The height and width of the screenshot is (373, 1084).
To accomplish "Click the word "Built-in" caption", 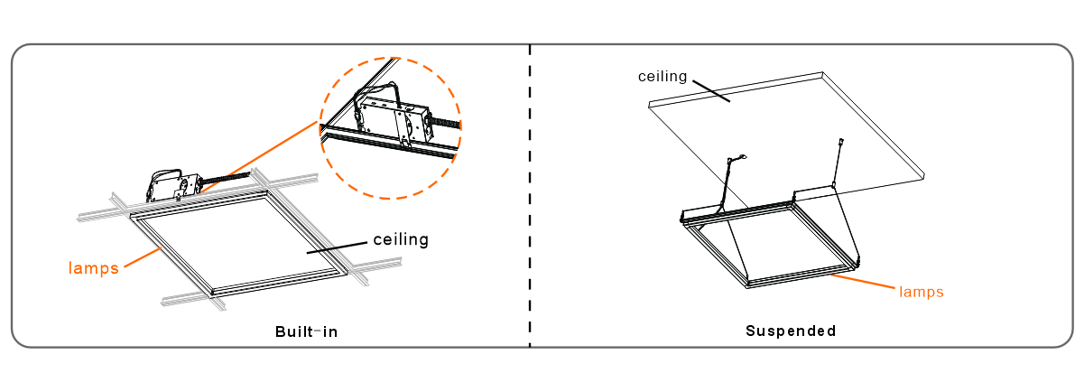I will (306, 331).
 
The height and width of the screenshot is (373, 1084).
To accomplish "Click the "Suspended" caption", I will (791, 331).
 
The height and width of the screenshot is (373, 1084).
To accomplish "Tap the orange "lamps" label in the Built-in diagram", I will (94, 267).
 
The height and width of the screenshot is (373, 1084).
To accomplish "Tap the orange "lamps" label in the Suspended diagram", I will (921, 292).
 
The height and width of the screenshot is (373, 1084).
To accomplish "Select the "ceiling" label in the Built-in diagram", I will (401, 240).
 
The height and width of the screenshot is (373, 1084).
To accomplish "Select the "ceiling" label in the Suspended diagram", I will (663, 76).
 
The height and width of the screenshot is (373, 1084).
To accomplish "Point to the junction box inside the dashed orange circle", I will (393, 117).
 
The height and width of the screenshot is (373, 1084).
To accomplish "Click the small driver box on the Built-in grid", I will (171, 187).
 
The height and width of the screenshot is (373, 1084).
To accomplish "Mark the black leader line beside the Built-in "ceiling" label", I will (338, 247).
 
